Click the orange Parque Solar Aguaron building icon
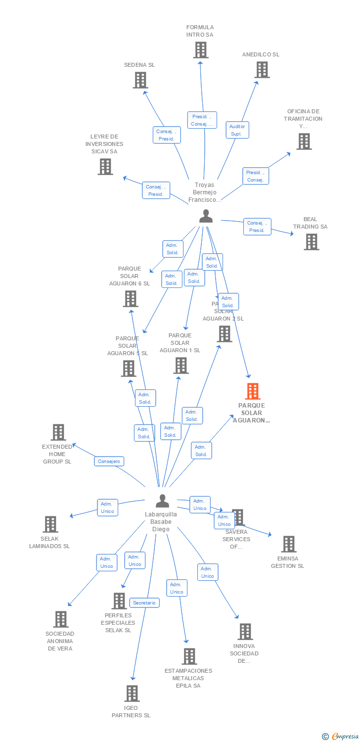point(253,391)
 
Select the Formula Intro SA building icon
point(200,50)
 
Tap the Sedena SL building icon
point(140,80)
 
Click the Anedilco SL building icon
point(262,70)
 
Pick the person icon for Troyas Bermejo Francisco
point(206,216)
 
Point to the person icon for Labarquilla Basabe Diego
point(162,501)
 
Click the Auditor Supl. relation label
point(237,130)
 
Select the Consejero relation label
point(109,461)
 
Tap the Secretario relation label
point(145,603)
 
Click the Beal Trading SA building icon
point(311,242)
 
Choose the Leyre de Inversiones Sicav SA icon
point(105,167)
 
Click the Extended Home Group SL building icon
point(58,432)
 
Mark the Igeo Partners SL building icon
point(132,694)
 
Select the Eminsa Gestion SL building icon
point(288,544)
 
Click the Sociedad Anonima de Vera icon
point(61,619)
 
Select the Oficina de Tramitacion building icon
point(304,141)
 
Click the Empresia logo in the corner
point(340,736)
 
